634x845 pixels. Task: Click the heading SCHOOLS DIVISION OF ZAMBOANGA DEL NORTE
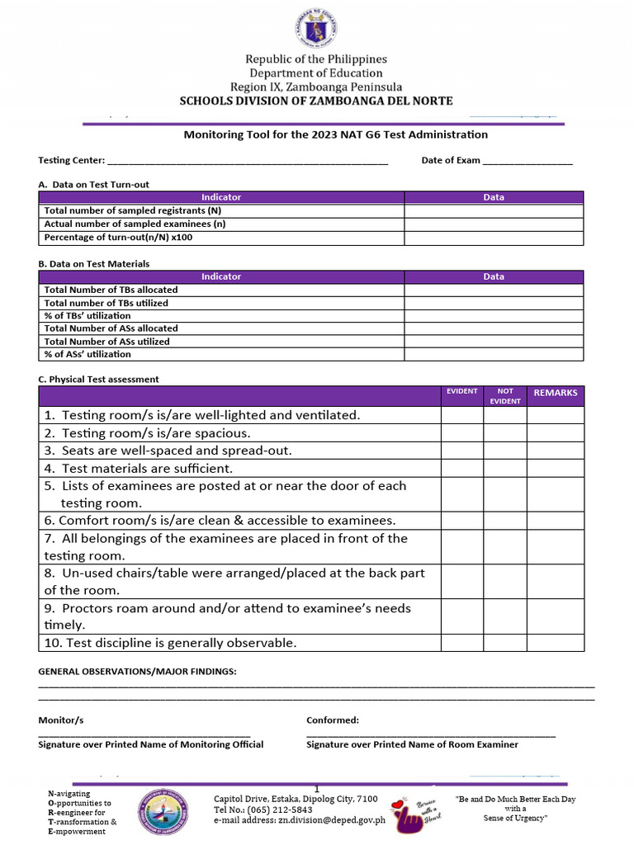[316, 101]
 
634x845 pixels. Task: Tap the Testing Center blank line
[248, 162]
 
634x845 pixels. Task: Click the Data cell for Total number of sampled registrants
[493, 210]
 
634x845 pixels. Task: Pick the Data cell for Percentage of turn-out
[493, 238]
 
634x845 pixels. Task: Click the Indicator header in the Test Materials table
[221, 276]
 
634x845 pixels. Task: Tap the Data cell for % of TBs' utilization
[493, 315]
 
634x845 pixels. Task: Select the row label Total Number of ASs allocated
[111, 328]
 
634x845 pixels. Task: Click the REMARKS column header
[555, 393]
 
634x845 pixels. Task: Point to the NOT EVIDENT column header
[505, 395]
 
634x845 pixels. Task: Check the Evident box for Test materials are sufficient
[461, 468]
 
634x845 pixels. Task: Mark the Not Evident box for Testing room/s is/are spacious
[505, 433]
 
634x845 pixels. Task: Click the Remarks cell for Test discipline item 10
[555, 643]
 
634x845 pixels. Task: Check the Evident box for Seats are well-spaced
[461, 451]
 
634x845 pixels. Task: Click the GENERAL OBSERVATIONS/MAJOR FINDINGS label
[137, 672]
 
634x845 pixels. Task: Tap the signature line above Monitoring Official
[144, 734]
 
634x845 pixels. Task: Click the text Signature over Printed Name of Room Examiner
[412, 744]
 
